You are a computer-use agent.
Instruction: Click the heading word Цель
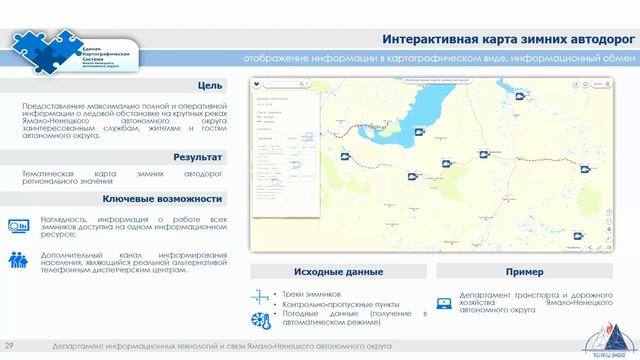point(210,86)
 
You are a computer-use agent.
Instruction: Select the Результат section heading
point(197,158)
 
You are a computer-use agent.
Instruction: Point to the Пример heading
point(524,272)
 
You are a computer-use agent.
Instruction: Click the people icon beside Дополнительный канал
point(18,260)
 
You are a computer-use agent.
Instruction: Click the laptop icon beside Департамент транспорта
point(443,303)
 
